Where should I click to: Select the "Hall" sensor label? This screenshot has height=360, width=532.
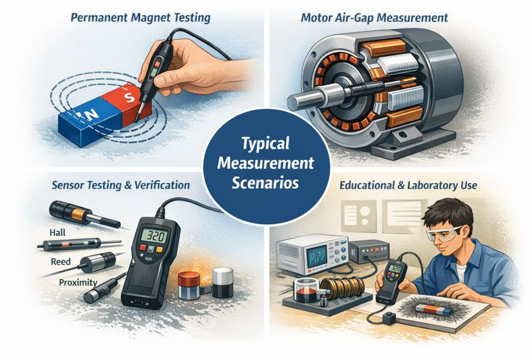pyautogui.click(x=59, y=232)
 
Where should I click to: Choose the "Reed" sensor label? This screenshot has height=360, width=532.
pyautogui.click(x=61, y=261)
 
